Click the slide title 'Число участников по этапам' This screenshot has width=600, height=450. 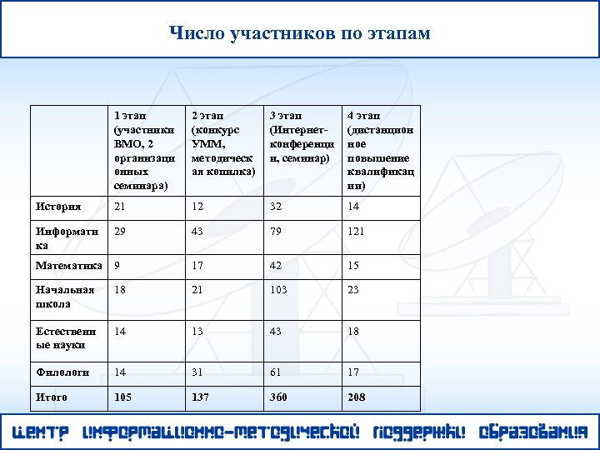coord(300,33)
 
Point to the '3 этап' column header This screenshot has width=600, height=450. coord(301,137)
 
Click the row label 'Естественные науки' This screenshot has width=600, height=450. coord(66,337)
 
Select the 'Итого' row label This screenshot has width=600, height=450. coord(52,397)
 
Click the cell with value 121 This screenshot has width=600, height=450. coord(356,231)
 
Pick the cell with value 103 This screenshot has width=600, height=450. coord(278,291)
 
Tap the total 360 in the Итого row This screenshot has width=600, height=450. coord(278,397)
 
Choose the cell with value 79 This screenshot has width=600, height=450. coord(276,231)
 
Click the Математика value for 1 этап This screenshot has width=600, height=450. coord(117,267)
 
